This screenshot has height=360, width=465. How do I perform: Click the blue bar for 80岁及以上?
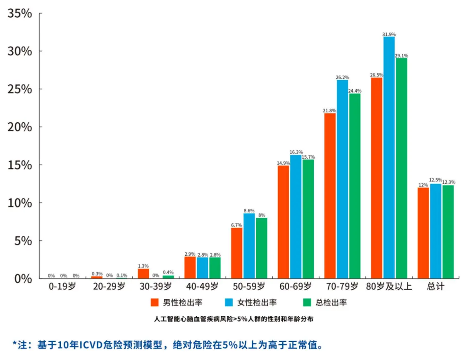click(389, 157)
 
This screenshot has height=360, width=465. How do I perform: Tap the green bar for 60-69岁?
click(308, 219)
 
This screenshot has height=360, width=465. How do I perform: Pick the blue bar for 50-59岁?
click(249, 246)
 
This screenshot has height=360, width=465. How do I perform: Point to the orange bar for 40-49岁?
click(190, 267)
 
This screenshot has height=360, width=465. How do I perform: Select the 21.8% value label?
click(330, 111)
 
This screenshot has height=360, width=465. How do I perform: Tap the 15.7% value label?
click(308, 157)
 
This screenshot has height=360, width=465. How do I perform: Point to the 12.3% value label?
click(448, 182)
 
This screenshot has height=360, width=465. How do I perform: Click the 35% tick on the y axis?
click(19, 14)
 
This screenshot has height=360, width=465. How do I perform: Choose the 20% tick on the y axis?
click(19, 127)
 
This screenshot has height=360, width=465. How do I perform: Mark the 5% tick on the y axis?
click(23, 241)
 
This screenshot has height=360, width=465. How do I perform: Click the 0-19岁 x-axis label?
click(62, 286)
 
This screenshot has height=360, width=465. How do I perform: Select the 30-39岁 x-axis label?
click(155, 286)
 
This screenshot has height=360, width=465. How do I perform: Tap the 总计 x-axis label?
click(435, 286)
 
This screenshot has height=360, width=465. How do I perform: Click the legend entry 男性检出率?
click(182, 302)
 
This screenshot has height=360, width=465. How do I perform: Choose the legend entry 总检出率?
click(331, 302)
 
